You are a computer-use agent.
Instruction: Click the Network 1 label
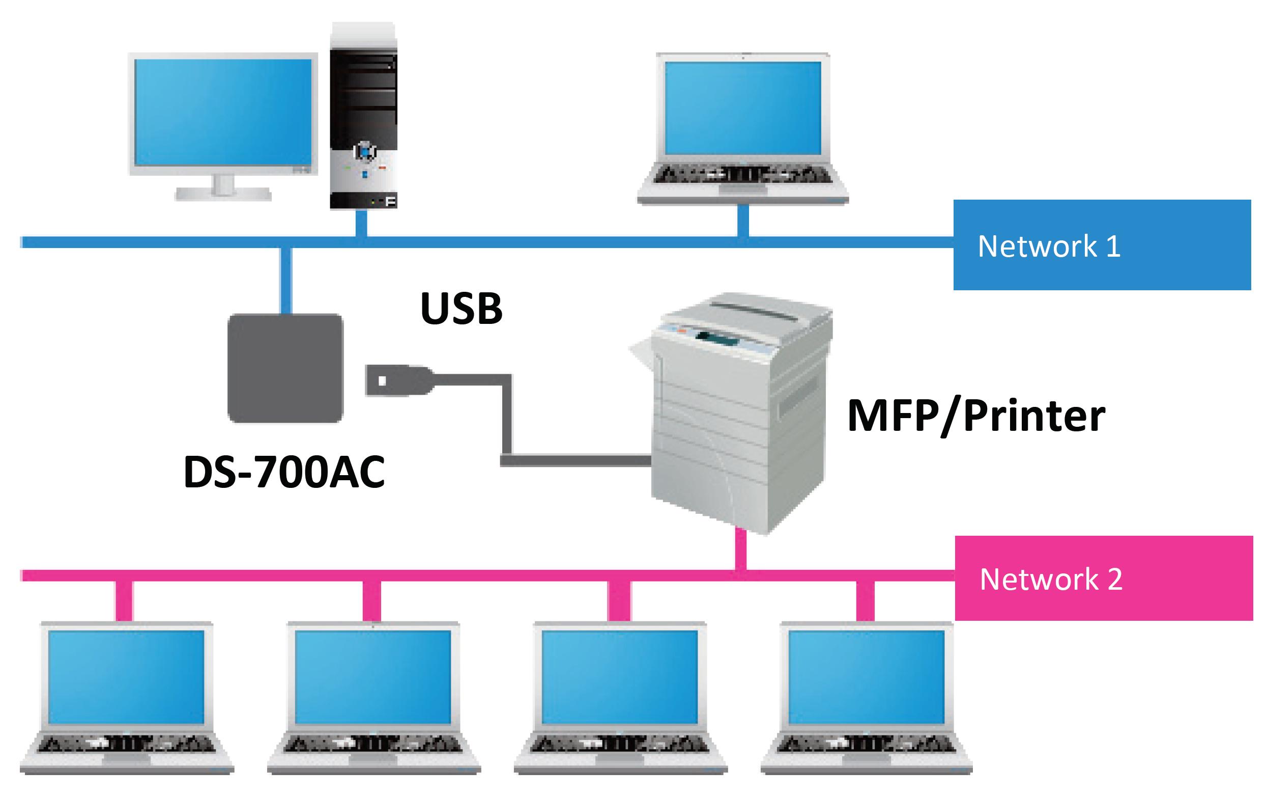click(x=1049, y=246)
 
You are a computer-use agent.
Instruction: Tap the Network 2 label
click(x=1051, y=579)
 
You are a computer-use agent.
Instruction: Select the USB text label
click(x=461, y=308)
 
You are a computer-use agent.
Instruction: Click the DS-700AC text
click(x=284, y=472)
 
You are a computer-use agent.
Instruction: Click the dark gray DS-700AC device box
click(x=285, y=368)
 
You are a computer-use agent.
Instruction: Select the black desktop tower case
click(x=363, y=116)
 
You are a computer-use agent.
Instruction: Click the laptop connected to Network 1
click(x=743, y=129)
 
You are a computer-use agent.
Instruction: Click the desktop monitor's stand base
click(x=223, y=194)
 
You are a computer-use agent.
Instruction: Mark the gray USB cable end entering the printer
click(x=639, y=461)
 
